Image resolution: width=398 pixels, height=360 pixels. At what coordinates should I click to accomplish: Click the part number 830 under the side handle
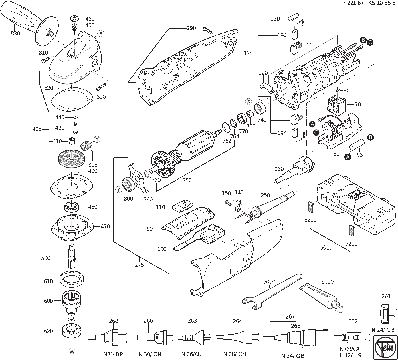point(15,33)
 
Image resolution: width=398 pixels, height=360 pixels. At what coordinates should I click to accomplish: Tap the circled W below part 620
point(72,352)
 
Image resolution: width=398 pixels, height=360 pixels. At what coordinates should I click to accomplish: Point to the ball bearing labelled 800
point(129,184)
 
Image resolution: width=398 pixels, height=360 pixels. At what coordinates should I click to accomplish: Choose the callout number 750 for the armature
point(187,180)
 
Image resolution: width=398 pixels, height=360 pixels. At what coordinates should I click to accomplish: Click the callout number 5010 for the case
point(326,247)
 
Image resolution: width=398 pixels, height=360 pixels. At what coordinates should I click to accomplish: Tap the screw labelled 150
point(228,203)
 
